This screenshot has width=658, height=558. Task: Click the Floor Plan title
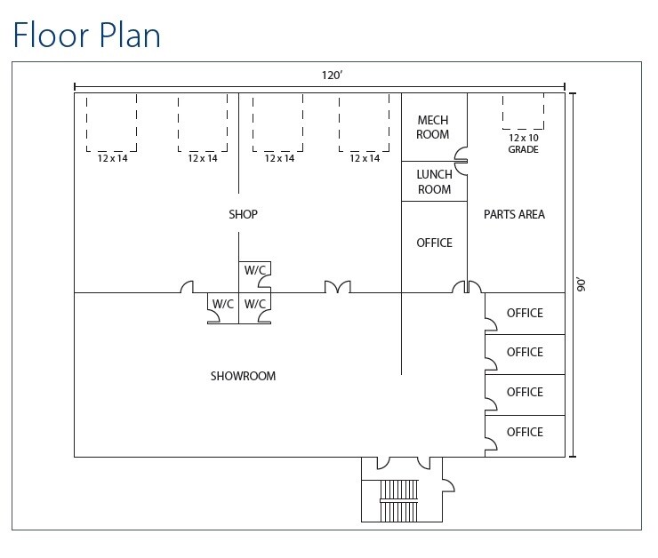[x=86, y=35]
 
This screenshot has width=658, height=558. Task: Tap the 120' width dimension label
[x=332, y=76]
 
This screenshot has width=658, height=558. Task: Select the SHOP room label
[x=243, y=214]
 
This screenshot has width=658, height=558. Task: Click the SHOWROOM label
[x=243, y=376]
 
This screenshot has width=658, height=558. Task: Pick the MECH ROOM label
[x=433, y=127]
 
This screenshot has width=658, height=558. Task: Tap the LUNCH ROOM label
[x=434, y=182]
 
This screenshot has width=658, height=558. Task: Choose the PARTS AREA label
[x=514, y=214]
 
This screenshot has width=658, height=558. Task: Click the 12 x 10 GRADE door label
[x=524, y=143]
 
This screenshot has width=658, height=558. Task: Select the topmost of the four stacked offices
[x=525, y=313]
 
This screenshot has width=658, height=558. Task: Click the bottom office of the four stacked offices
[x=525, y=432]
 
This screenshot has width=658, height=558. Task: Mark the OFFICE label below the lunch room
[x=434, y=243]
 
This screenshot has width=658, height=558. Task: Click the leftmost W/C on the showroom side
[x=222, y=304]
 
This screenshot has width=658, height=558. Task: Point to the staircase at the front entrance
[x=398, y=501]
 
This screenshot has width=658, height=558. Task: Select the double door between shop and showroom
[x=337, y=287]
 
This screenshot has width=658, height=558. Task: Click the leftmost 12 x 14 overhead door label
[x=112, y=158]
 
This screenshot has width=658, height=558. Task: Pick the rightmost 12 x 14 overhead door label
[x=365, y=158]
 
